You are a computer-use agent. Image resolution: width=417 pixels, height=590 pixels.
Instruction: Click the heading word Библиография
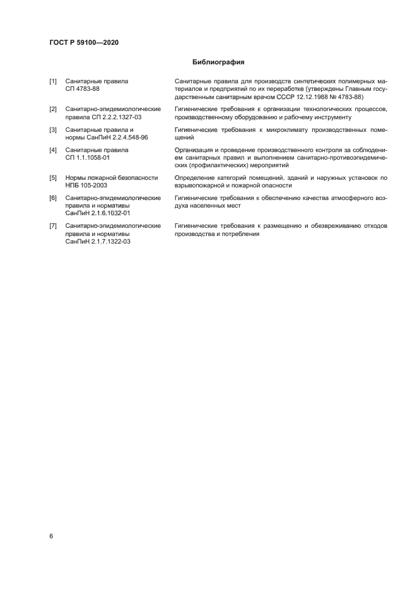218,62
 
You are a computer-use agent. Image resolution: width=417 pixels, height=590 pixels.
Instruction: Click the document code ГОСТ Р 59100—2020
84,42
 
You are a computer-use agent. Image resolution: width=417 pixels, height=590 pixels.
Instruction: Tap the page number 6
52,536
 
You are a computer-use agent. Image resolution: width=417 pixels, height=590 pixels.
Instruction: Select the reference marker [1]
53,81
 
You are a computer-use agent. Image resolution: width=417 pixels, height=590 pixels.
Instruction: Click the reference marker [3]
53,129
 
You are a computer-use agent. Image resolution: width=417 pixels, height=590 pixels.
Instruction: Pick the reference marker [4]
53,150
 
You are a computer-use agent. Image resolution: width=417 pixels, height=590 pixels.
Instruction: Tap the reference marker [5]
53,178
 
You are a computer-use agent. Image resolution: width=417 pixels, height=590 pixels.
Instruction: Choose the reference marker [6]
53,198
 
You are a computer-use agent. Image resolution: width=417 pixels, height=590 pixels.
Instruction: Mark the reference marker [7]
53,226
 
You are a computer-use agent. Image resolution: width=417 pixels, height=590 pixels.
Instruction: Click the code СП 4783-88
82,90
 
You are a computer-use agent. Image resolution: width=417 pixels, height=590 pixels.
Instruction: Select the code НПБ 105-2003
86,186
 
